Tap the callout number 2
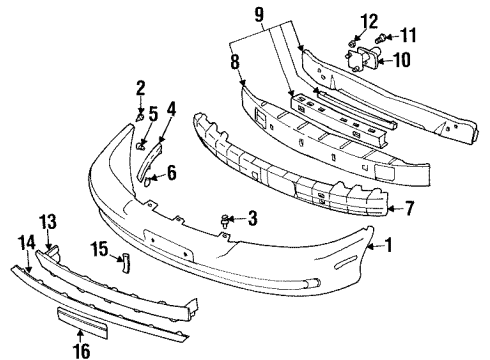[141, 87]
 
